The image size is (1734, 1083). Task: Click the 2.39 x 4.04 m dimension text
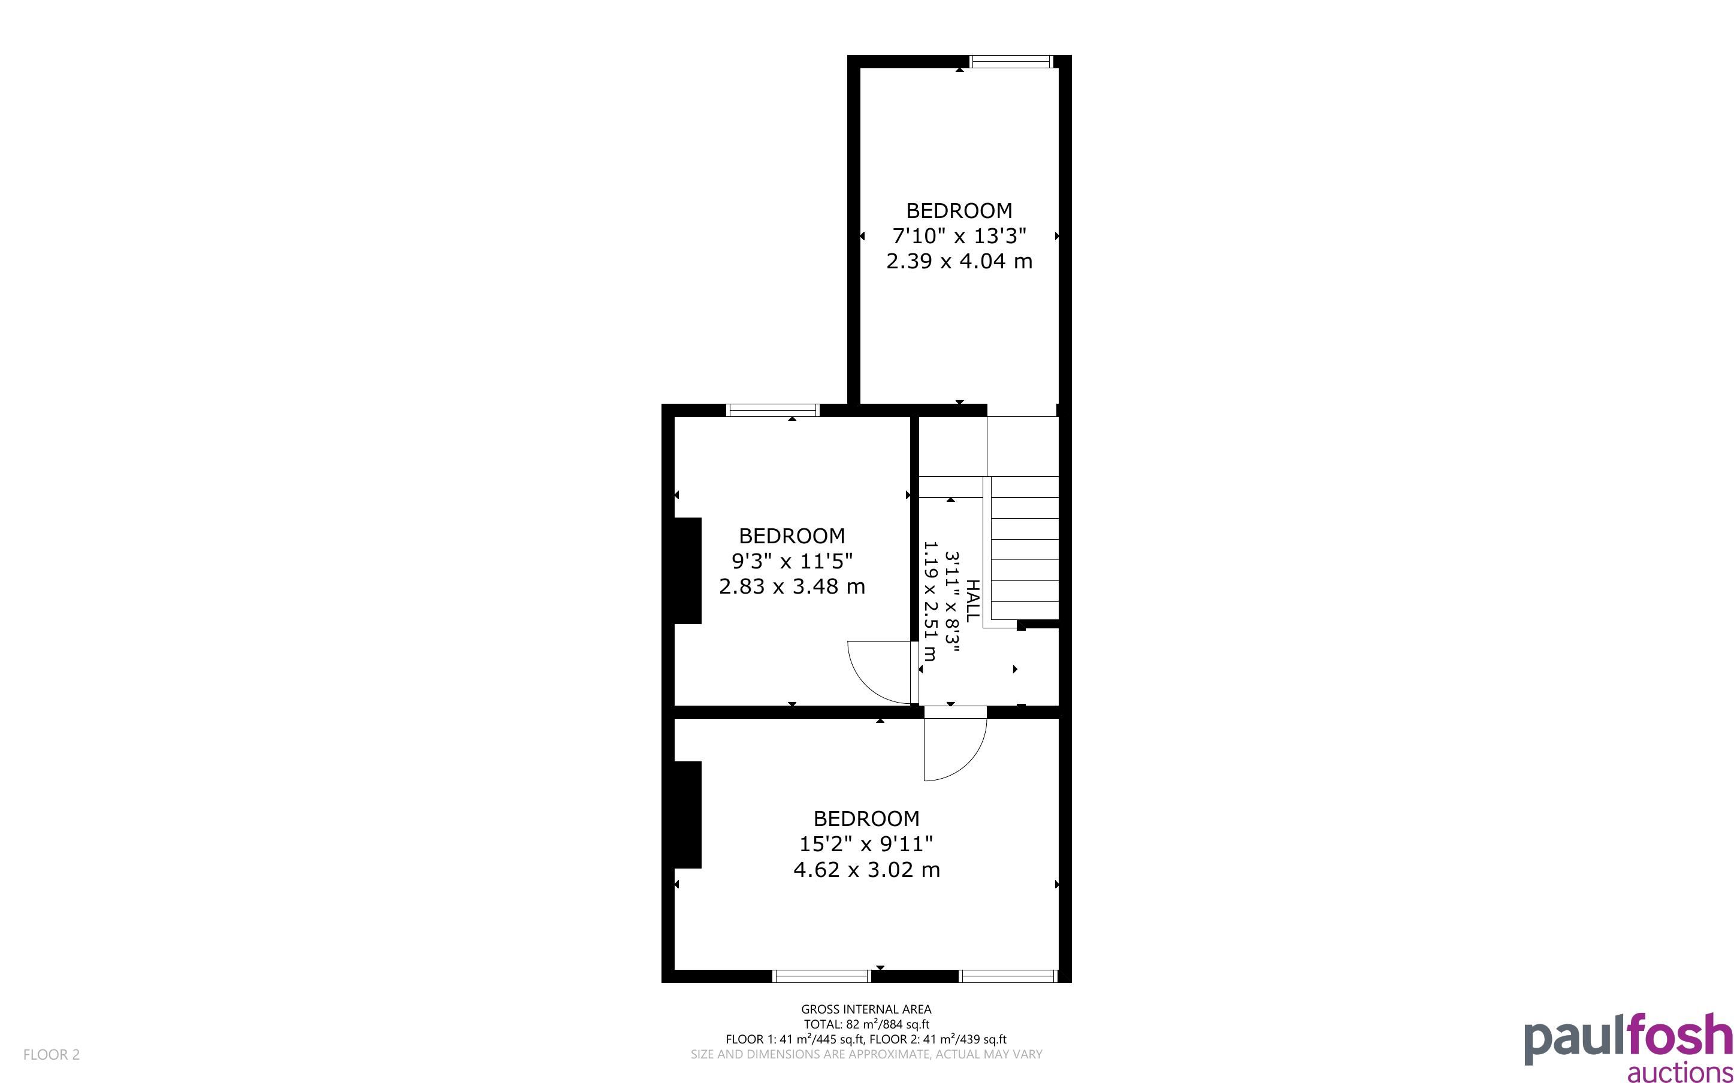point(959,261)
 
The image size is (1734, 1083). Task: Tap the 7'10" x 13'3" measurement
point(959,235)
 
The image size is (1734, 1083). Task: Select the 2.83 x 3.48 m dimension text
point(792,586)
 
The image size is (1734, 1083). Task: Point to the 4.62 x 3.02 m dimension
point(866,870)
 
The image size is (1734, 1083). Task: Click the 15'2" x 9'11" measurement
point(866,844)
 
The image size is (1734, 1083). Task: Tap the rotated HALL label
point(972,601)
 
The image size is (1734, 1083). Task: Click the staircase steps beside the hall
point(1022,549)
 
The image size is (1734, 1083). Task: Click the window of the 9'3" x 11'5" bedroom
point(772,410)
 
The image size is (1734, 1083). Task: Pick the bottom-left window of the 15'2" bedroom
point(821,976)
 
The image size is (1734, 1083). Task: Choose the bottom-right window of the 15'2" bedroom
point(1008,976)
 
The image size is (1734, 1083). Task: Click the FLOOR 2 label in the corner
point(52,1054)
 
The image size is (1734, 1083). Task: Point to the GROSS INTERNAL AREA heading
point(866,1009)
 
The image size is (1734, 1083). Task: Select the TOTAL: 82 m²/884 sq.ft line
point(866,1024)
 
